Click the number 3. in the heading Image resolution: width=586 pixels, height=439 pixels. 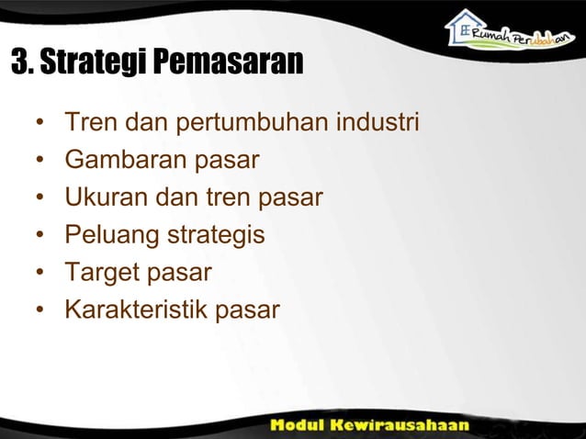tap(21, 63)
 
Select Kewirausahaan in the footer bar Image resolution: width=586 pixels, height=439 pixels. tap(411, 426)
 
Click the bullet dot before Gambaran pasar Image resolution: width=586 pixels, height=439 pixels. tap(40, 161)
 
